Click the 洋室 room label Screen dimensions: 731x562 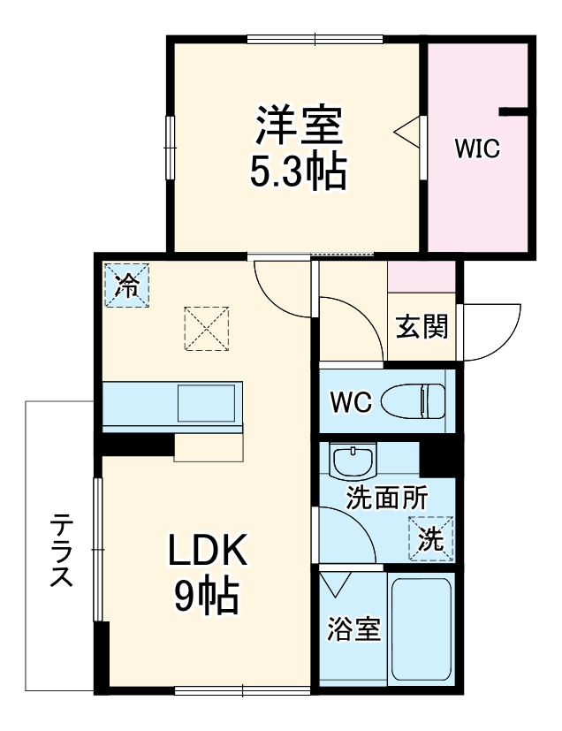tap(299, 127)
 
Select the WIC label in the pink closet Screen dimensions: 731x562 tap(478, 148)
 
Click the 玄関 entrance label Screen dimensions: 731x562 tap(421, 327)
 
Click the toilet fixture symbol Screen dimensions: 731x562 tap(414, 400)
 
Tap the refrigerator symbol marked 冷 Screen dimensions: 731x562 tap(127, 286)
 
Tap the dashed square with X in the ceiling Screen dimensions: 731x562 tap(207, 329)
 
